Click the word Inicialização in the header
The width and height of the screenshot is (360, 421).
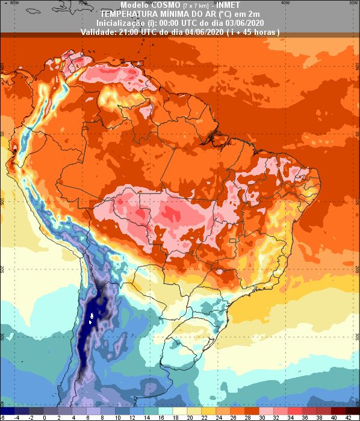coord(117,22)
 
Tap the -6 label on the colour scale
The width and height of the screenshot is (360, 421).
coord(2,417)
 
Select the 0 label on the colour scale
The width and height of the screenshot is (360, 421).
coord(44,417)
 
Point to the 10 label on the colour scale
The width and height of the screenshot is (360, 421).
coord(117,417)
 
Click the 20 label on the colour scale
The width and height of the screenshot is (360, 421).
coord(190,417)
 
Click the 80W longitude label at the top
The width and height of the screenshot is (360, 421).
coord(15,2)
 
